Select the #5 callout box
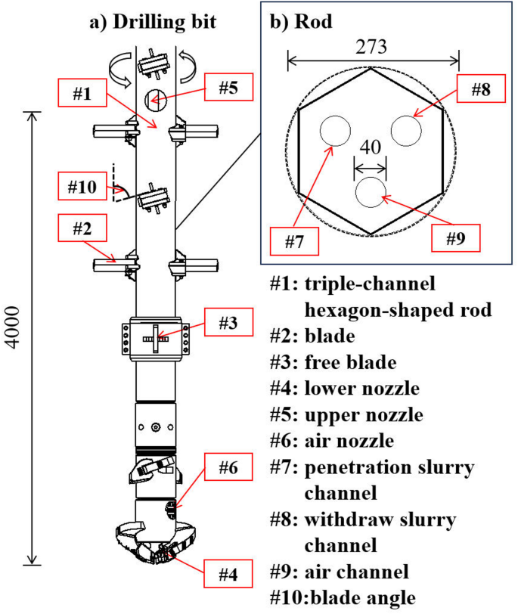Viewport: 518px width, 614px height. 230,86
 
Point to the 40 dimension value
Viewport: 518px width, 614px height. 370,147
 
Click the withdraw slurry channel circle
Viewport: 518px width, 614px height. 406,132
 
